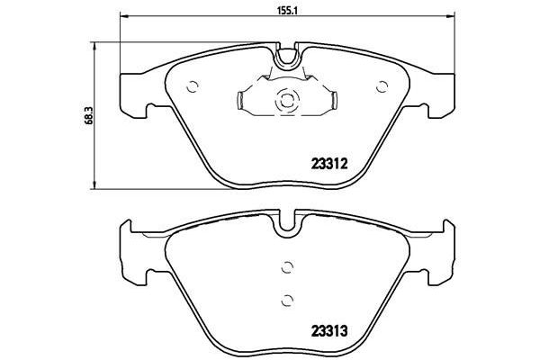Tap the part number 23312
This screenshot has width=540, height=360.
point(328,164)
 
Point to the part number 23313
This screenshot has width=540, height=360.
point(328,329)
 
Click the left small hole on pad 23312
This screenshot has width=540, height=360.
point(192,86)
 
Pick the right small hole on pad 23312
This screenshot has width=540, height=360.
point(382,86)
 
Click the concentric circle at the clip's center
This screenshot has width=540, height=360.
point(287,102)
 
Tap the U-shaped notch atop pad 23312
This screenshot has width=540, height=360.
point(288,59)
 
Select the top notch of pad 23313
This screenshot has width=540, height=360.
point(288,220)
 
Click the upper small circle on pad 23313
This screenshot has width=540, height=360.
point(287,265)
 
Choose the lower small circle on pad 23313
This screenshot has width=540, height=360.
point(287,301)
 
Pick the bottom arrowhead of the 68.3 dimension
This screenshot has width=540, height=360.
point(95,185)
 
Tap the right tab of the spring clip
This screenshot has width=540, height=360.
point(331,102)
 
